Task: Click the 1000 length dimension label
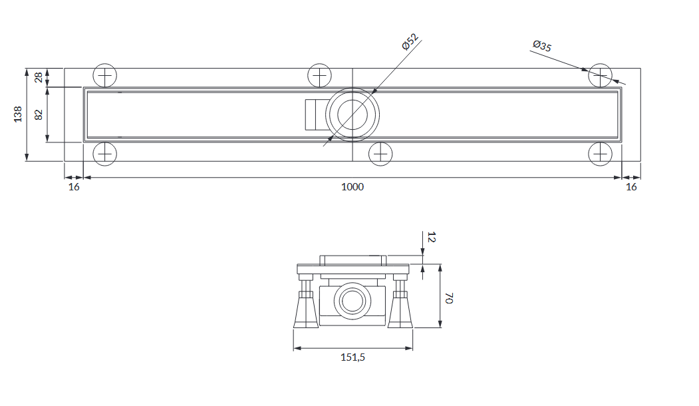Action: point(352,187)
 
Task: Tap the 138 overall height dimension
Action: point(18,114)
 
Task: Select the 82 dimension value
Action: point(39,114)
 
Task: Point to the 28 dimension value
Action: point(39,77)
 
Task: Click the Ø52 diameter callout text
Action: point(410,42)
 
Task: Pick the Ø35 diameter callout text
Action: point(542,45)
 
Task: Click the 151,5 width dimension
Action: point(352,357)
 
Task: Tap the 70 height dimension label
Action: point(449,298)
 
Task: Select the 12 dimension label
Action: point(431,237)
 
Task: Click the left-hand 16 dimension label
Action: point(74,187)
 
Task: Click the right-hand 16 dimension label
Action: point(631,187)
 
